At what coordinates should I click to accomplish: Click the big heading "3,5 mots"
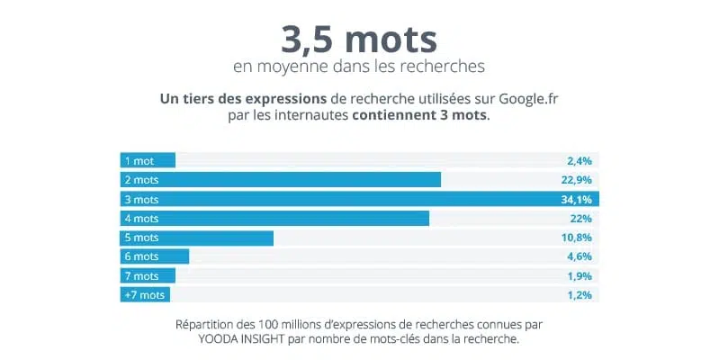[359, 39]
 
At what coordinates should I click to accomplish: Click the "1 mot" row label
[139, 160]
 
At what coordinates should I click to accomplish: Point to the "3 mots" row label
[141, 199]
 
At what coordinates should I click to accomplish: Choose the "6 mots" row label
[141, 257]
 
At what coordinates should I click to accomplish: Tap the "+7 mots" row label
[144, 295]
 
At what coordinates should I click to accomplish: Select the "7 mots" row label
[141, 276]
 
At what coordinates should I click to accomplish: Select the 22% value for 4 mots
[581, 219]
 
